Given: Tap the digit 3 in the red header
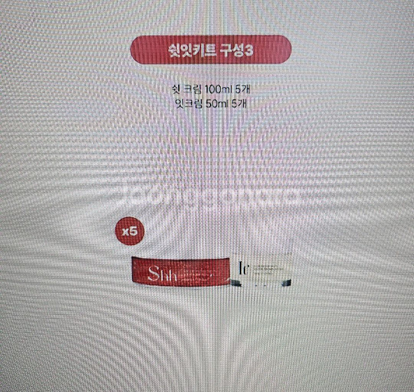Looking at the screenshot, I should coord(253,50).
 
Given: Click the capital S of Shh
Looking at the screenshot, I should coord(153,273).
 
